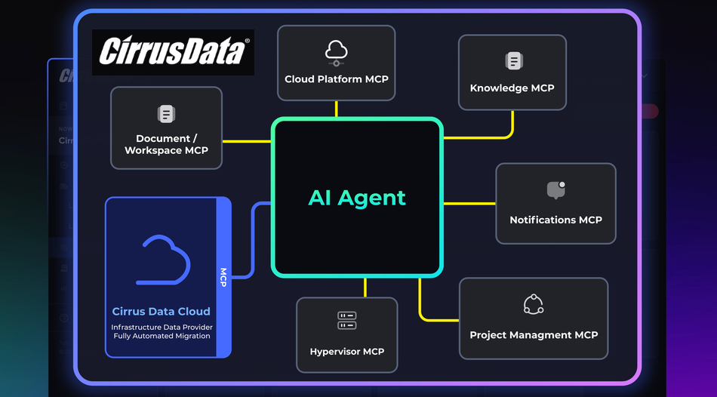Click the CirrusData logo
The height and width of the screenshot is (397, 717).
[x=173, y=52]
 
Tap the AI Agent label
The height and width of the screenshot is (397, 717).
[x=357, y=198]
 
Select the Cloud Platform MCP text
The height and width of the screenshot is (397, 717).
[x=337, y=79]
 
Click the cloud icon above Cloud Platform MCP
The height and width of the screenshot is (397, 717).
[x=337, y=51]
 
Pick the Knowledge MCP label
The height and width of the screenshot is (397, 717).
[x=512, y=88]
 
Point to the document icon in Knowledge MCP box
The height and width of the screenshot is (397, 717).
[x=513, y=62]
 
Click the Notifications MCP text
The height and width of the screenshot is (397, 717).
[x=555, y=220]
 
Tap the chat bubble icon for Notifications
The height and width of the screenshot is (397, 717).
[x=556, y=190]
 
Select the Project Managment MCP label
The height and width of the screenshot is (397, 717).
[x=534, y=335]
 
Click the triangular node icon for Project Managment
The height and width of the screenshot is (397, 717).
[x=534, y=304]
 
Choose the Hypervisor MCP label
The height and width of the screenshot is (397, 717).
[x=347, y=352]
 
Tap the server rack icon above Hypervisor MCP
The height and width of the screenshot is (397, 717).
[x=347, y=321]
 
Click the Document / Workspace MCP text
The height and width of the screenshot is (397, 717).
[x=166, y=144]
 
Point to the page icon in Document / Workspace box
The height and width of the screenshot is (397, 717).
[x=166, y=114]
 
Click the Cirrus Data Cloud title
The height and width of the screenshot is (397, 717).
[x=161, y=312]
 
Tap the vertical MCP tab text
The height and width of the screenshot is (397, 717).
[x=223, y=277]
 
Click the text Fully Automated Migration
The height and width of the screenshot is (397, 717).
[x=162, y=336]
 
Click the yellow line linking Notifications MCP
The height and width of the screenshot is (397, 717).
[x=469, y=204]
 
